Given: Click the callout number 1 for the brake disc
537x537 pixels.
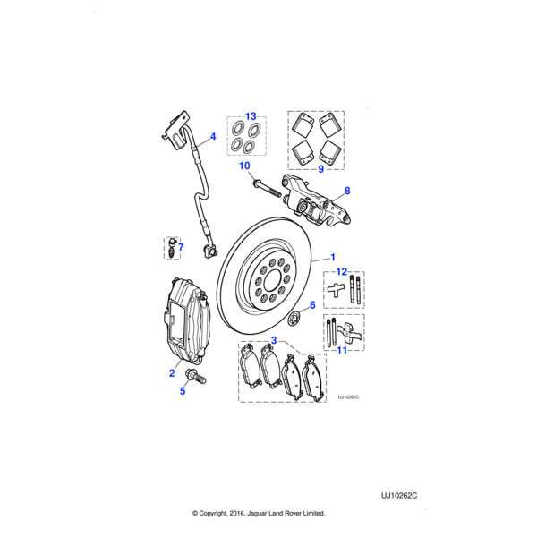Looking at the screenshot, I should click(x=333, y=256).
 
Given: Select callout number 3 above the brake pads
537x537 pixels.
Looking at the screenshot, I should click(x=274, y=340).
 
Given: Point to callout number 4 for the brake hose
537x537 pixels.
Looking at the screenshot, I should click(x=213, y=137).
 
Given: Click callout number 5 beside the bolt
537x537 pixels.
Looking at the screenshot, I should click(x=183, y=390).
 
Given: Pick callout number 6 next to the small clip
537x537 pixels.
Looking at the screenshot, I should click(x=311, y=305).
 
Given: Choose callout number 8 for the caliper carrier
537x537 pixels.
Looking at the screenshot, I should click(x=347, y=191).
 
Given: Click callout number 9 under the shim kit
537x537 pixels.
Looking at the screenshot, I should click(x=320, y=167).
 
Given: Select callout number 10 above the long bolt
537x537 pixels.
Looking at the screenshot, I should click(x=243, y=166).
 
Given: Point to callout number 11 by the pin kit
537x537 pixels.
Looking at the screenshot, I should click(x=340, y=352).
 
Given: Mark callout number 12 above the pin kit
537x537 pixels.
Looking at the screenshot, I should click(x=341, y=271).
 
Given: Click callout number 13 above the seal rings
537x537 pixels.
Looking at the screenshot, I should click(x=251, y=116).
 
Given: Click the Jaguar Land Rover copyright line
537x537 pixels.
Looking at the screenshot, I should click(x=259, y=514).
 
